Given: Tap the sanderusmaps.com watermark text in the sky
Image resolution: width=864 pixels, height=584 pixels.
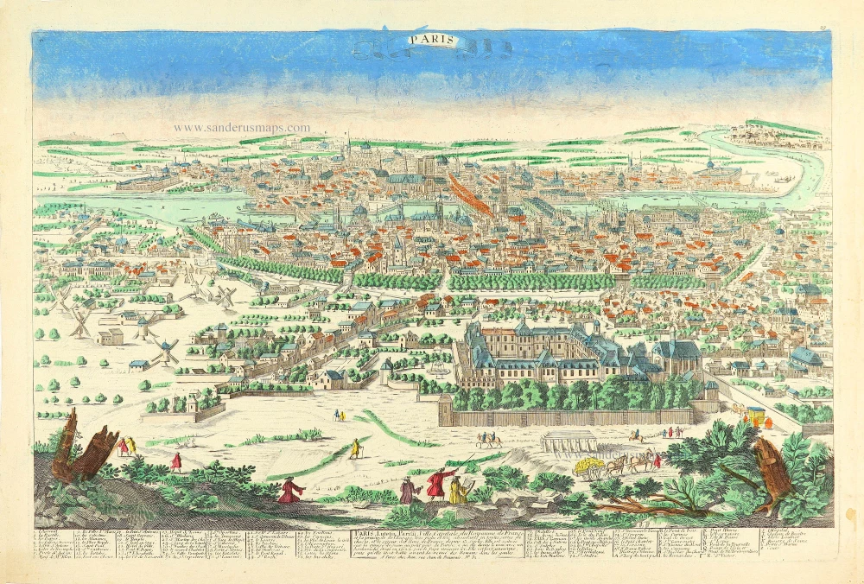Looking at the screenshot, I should pyautogui.click(x=241, y=128).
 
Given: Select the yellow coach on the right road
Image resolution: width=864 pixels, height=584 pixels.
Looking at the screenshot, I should pyautogui.click(x=754, y=414).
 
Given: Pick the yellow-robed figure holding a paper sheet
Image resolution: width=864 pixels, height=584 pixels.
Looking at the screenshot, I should pyautogui.click(x=458, y=491).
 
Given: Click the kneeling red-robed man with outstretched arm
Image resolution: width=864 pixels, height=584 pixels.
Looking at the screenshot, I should pyautogui.click(x=289, y=491).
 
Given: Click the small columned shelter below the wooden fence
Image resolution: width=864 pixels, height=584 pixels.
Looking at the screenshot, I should pyautogui.click(x=568, y=441).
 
